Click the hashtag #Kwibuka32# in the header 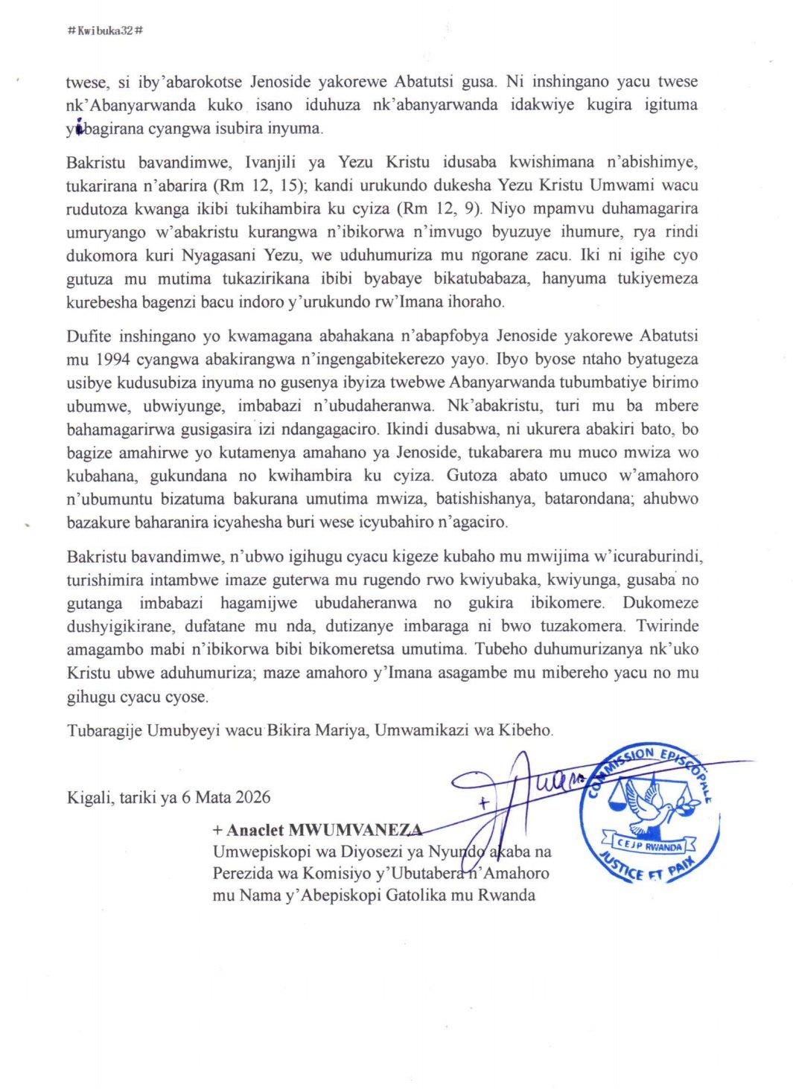coord(105,31)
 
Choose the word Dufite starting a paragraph coord(88,336)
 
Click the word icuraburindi coord(656,557)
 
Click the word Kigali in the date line coord(89,797)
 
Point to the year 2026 coord(252,797)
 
